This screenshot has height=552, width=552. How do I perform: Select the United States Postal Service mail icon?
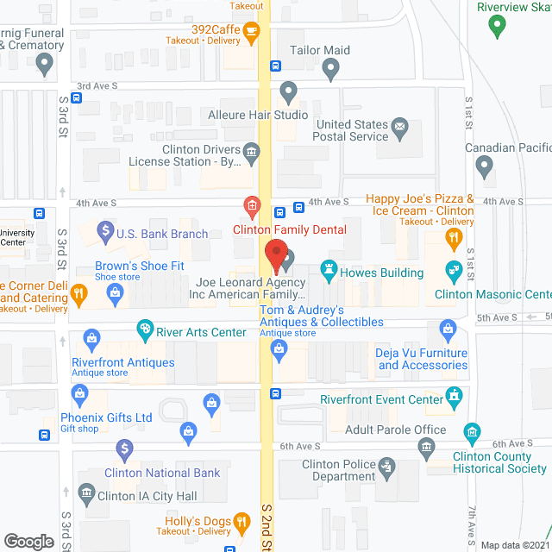coord(399,129)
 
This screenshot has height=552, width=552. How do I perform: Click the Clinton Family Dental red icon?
coord(251,206)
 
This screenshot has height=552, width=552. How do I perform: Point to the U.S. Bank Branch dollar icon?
coord(104,230)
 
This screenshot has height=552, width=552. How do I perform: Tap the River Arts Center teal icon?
coord(146,329)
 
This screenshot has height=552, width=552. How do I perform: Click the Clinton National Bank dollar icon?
coord(125,448)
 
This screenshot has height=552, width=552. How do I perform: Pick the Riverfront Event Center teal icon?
coord(453,395)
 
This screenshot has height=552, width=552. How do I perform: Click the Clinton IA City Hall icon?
coord(85,494)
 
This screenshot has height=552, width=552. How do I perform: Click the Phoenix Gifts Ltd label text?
coord(107,418)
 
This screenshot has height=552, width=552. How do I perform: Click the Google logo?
coord(28,541)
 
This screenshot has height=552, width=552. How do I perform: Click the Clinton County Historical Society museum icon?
coord(471,430)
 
